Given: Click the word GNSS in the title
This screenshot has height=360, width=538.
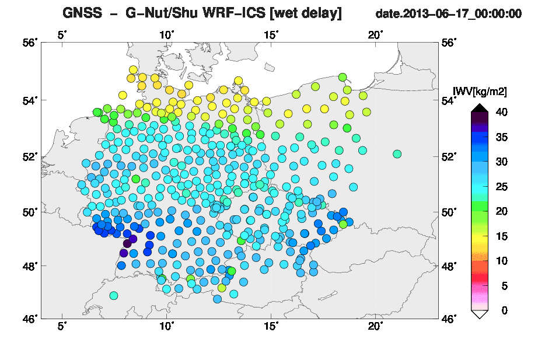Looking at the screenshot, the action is point(82,13).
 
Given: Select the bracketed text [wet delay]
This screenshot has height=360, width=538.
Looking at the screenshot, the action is point(306,13).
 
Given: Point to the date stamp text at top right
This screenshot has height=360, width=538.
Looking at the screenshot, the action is point(449,14).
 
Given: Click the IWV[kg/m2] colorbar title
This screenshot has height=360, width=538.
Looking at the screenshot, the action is point(480,92).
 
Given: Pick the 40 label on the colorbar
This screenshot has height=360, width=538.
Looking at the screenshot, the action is point(501,112).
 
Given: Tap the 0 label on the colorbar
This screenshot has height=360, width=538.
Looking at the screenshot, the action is point(504,310).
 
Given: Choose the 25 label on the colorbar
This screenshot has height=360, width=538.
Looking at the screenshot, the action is point(501,187).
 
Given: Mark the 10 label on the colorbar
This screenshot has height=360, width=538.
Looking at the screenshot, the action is point(501,261).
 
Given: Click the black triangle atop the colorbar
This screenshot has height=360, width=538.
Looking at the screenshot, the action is point(479,108).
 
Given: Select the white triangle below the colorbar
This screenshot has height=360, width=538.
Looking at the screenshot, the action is point(479,314).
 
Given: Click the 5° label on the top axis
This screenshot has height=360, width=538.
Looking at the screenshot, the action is point(62,35).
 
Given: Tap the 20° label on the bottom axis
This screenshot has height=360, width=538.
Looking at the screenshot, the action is point(375,326).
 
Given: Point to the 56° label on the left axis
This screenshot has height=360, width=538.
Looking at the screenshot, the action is point(30,43).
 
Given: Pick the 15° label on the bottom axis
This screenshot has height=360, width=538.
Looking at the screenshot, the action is point(271,326).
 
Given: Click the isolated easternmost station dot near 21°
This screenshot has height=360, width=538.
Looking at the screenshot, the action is point(397,154).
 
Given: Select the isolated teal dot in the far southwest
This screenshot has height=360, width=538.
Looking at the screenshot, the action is point(114,295).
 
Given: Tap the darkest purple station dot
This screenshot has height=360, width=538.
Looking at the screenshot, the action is point(127,244).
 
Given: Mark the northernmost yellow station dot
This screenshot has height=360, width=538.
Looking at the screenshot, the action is point(133,70).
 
